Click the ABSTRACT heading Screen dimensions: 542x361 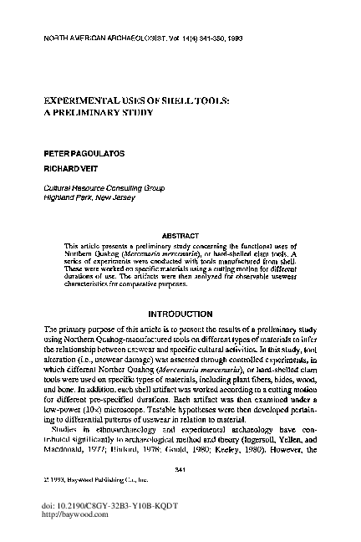click(x=180, y=237)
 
